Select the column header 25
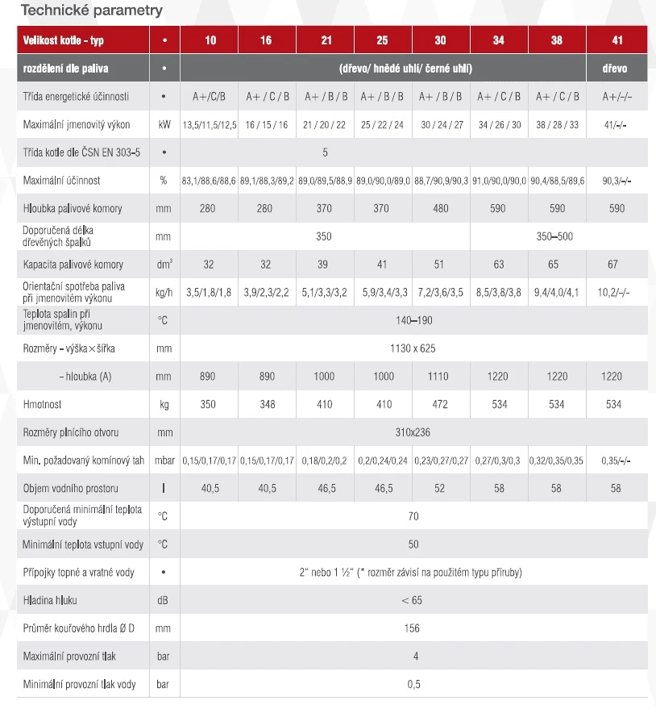[x=382, y=40]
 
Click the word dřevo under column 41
[x=614, y=69]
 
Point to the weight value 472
[x=440, y=404]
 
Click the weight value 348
[x=266, y=404]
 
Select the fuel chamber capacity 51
[x=440, y=264]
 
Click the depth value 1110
[x=440, y=377]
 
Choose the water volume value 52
[x=440, y=489]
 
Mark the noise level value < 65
[x=413, y=600]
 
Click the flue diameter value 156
[x=413, y=628]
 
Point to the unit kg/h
[x=164, y=292]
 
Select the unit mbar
[x=164, y=461]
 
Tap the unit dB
[x=164, y=600]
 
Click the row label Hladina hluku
[x=51, y=600]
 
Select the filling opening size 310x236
[x=413, y=432]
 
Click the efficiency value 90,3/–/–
[x=614, y=181]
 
